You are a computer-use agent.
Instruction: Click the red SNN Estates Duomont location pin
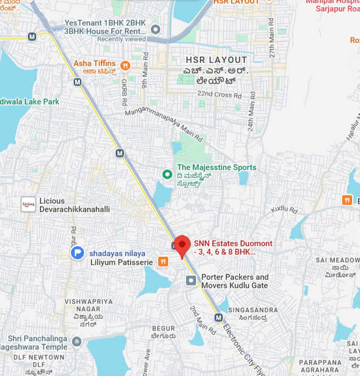[x=182, y=245]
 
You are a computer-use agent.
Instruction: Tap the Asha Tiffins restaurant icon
[x=125, y=66]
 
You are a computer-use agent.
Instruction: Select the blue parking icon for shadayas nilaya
[x=77, y=253]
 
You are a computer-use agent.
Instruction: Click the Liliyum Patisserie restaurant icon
[x=163, y=262]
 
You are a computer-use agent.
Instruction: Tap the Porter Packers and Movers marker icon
[x=190, y=280]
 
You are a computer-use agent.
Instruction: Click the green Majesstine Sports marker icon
[x=167, y=173]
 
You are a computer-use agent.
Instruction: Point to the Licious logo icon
[x=28, y=204]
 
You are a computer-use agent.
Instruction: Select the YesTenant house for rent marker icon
[x=155, y=28]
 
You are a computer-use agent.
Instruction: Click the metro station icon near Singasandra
[x=219, y=317]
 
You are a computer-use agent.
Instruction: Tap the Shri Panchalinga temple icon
[x=77, y=342]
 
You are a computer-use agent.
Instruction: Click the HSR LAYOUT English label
[x=216, y=60]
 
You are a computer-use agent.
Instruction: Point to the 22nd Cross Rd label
[x=219, y=95]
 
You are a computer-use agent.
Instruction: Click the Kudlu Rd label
[x=284, y=210]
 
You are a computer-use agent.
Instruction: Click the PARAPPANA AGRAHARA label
[x=321, y=367]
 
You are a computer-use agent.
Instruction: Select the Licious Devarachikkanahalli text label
[x=74, y=205]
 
